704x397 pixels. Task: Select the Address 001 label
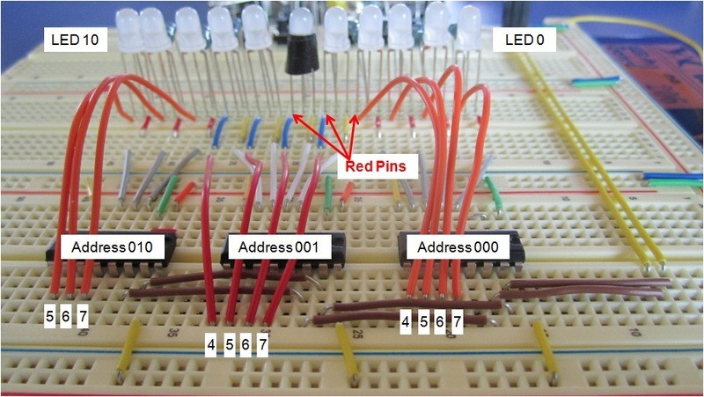point(279,247)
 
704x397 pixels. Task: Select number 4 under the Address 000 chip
point(406,322)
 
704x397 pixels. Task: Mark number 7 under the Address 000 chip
point(456,322)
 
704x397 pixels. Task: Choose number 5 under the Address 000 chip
point(423,322)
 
